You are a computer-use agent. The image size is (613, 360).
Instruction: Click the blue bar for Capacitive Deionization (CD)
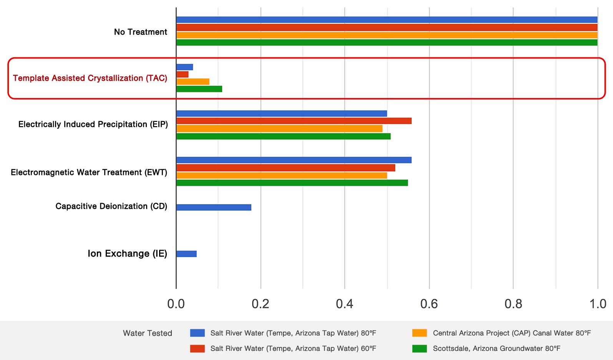point(214,207)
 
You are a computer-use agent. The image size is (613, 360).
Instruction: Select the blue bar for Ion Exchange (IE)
point(186,254)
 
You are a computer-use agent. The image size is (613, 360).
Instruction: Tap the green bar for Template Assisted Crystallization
point(199,89)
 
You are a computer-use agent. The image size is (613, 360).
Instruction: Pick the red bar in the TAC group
point(182,74)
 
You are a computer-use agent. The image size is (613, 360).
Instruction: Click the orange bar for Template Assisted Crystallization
point(193,82)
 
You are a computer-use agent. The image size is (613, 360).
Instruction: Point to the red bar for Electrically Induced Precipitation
point(294,121)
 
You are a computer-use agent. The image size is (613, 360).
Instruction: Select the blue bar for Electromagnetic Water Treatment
point(294,160)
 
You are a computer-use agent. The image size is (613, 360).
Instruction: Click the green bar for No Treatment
point(387,42)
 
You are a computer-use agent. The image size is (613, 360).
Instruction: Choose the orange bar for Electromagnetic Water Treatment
point(281,175)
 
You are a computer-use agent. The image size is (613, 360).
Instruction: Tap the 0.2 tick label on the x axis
point(260,304)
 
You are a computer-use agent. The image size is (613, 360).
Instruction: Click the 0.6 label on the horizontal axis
point(429,304)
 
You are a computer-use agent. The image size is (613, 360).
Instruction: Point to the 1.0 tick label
point(598,304)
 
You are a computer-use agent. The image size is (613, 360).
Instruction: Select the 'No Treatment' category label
point(141,32)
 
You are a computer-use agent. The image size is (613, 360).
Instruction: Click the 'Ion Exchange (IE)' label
point(127,253)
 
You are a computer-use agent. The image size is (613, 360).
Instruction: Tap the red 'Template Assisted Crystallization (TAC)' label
point(90,78)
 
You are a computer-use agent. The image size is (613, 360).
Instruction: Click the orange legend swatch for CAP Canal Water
point(419,333)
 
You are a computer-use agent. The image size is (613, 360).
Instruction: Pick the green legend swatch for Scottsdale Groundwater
point(419,348)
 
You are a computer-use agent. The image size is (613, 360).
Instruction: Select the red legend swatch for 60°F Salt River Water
point(197,348)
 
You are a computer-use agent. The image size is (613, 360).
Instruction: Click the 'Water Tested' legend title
point(148,333)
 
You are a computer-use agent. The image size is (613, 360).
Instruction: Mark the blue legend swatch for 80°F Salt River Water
point(197,333)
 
